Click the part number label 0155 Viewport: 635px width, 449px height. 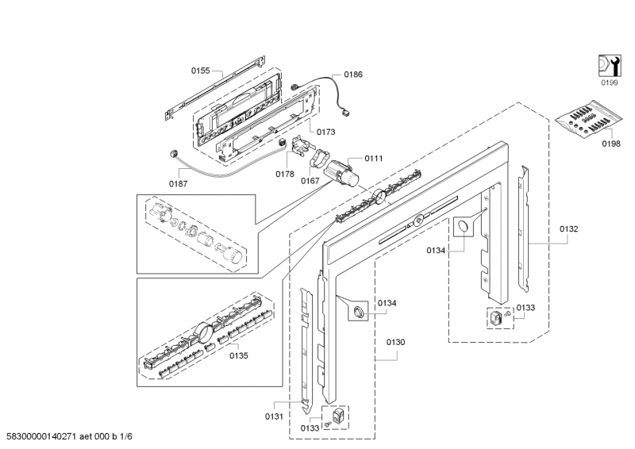pyautogui.click(x=201, y=71)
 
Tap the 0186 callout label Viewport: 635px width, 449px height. pyautogui.click(x=353, y=75)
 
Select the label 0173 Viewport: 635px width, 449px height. pyautogui.click(x=326, y=132)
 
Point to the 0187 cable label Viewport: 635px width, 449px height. pyautogui.click(x=178, y=184)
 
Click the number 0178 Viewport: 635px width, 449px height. pyautogui.click(x=285, y=174)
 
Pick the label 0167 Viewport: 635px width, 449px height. pyautogui.click(x=310, y=181)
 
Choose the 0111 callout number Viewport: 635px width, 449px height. pyautogui.click(x=374, y=159)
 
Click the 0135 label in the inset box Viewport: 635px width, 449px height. pyautogui.click(x=239, y=356)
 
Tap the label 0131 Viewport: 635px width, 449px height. pyautogui.click(x=274, y=416)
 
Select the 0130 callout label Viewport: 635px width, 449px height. pyautogui.click(x=395, y=343)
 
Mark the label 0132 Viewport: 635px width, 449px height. pyautogui.click(x=569, y=229)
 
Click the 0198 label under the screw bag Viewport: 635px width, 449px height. pyautogui.click(x=611, y=144)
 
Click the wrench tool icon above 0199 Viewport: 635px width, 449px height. pyautogui.click(x=610, y=66)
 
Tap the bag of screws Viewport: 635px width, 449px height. pyautogui.click(x=588, y=120)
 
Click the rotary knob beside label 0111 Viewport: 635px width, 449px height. pyautogui.click(x=343, y=175)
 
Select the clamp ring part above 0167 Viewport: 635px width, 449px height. pyautogui.click(x=320, y=158)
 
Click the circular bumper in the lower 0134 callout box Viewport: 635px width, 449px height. pyautogui.click(x=359, y=312)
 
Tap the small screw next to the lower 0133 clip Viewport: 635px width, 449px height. pyautogui.click(x=328, y=424)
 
